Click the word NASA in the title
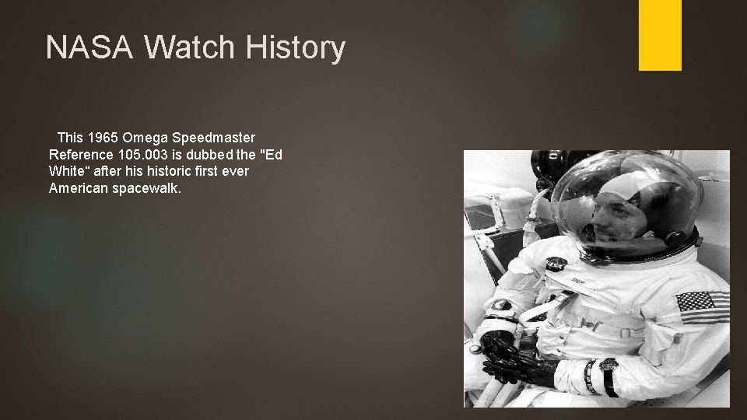(x=89, y=48)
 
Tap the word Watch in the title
(x=189, y=48)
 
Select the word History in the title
(x=295, y=48)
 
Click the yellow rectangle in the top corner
(x=660, y=34)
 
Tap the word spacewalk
(x=149, y=187)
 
